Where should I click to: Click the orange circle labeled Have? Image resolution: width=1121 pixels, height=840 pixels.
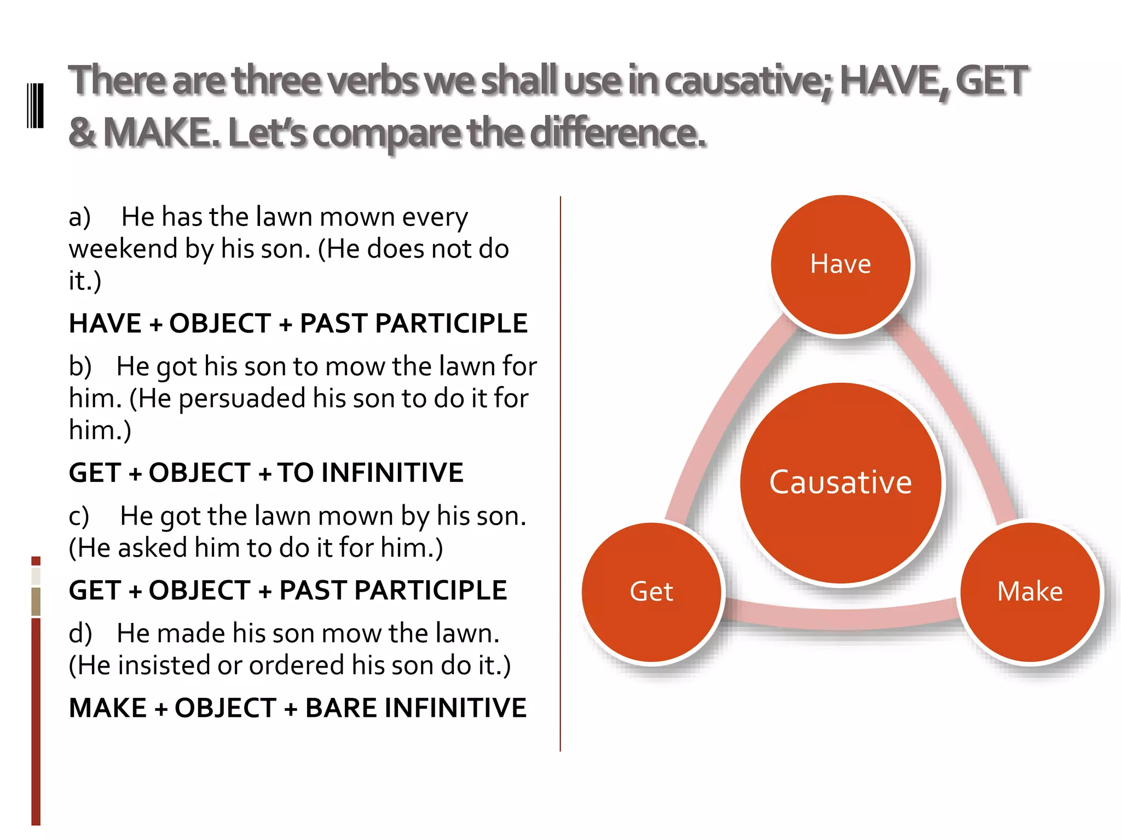841,265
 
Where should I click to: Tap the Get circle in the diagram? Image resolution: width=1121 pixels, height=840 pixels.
651,592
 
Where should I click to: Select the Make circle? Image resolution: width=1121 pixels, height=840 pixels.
1030,592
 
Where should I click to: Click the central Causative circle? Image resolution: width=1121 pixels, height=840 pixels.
841,482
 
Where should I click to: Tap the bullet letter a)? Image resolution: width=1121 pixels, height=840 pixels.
80,217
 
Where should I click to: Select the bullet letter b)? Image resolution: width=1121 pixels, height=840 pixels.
80,366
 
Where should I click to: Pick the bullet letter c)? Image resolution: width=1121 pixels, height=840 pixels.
79,516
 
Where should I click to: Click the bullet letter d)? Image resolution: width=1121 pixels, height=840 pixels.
80,633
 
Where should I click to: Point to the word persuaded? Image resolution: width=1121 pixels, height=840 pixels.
242,399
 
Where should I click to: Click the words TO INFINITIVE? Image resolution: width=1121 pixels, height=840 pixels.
370,473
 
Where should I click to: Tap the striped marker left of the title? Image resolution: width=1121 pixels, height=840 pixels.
36,106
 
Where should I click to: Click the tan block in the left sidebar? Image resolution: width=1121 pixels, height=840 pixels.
36,602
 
